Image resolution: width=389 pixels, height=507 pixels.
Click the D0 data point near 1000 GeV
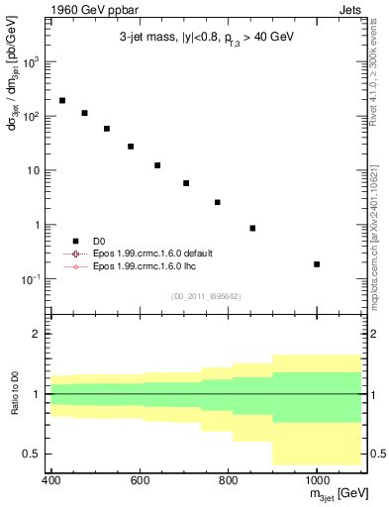(317, 264)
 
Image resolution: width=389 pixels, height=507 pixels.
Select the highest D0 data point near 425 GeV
(62, 101)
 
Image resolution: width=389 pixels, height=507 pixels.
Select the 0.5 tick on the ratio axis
(28, 454)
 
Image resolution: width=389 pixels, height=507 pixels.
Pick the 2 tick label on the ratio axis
(33, 334)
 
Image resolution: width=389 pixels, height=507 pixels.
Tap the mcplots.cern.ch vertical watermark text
(380, 248)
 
